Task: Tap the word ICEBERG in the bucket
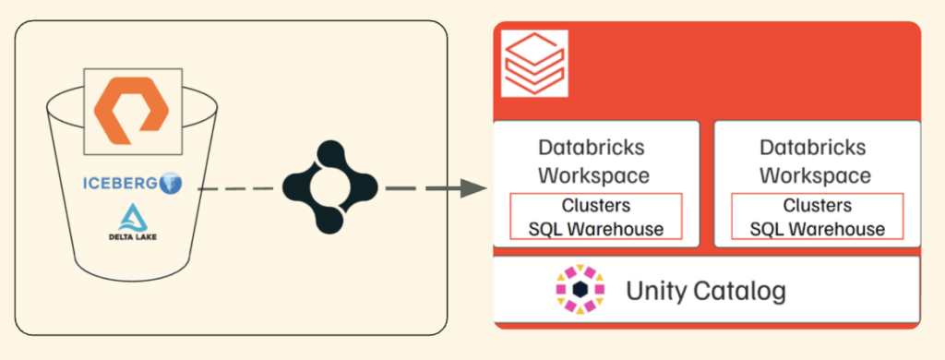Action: pyautogui.click(x=120, y=184)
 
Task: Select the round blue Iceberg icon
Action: pyautogui.click(x=171, y=184)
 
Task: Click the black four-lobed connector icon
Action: pyautogui.click(x=329, y=187)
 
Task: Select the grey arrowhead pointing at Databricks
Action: pyautogui.click(x=473, y=187)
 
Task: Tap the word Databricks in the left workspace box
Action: pyautogui.click(x=592, y=147)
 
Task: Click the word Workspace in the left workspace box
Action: pyautogui.click(x=593, y=175)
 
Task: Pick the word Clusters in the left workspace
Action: pyautogui.click(x=596, y=205)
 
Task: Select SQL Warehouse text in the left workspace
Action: pyautogui.click(x=596, y=229)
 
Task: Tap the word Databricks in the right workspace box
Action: pyautogui.click(x=812, y=147)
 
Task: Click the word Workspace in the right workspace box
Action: pyautogui.click(x=815, y=175)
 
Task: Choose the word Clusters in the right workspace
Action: pyautogui.click(x=818, y=205)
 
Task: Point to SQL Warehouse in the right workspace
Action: pyautogui.click(x=818, y=229)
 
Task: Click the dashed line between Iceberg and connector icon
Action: pyautogui.click(x=239, y=188)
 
